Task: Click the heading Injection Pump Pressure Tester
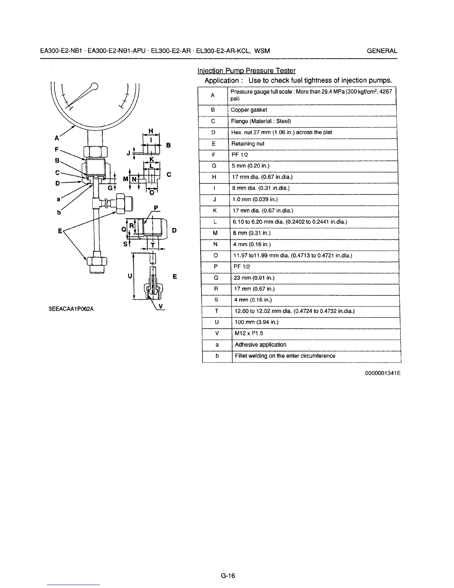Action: [x=247, y=71]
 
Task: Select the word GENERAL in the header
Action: [x=382, y=51]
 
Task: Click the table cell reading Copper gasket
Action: [x=249, y=110]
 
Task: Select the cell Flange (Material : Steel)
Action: [x=261, y=121]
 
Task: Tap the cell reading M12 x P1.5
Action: [x=249, y=333]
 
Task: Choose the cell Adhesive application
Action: [x=260, y=344]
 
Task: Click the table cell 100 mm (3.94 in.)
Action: [x=256, y=322]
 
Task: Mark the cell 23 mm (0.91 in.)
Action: [x=254, y=278]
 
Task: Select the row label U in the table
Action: [x=217, y=322]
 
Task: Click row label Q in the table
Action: [x=216, y=278]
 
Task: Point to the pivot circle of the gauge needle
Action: [x=95, y=87]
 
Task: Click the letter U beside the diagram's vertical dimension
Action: [x=129, y=276]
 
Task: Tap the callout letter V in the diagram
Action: [x=161, y=306]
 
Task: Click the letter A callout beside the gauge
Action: [x=57, y=138]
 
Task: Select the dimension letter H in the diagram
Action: [x=151, y=131]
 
